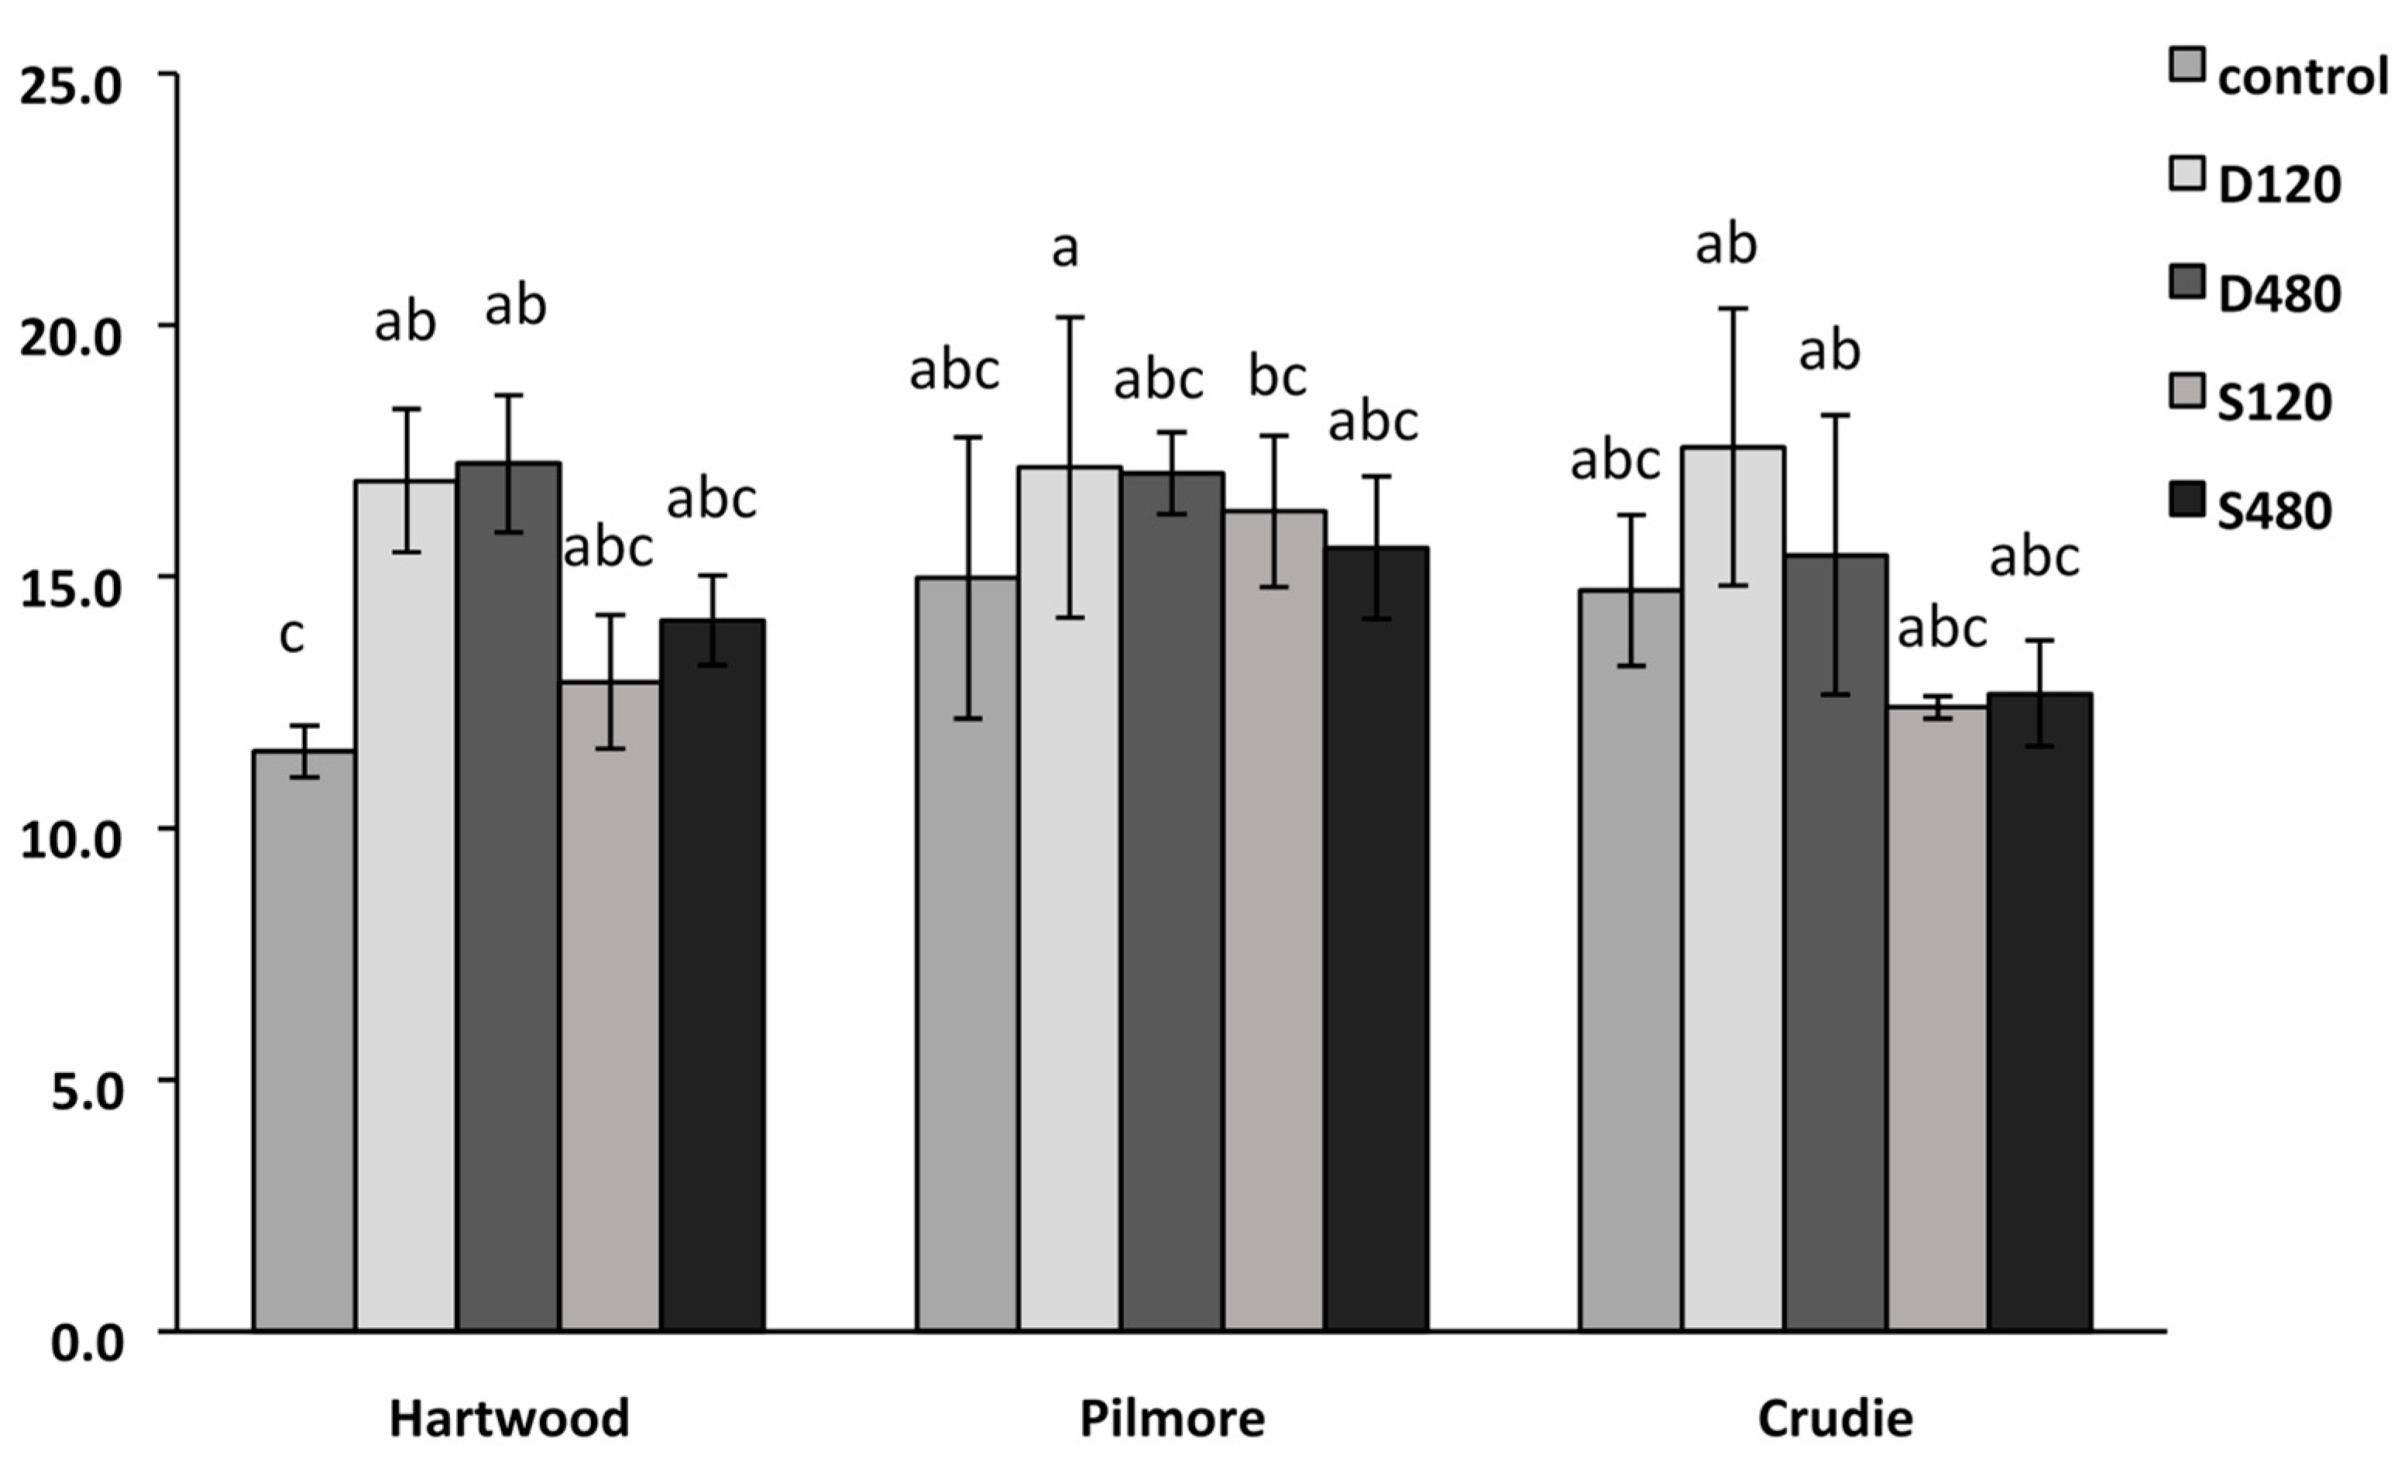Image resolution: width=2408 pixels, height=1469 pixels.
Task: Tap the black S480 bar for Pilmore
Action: [1376, 938]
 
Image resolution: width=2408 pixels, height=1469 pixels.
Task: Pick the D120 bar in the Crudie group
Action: [1733, 889]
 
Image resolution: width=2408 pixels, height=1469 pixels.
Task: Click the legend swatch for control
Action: [2186, 92]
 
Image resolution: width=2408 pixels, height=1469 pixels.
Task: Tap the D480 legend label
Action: [2279, 293]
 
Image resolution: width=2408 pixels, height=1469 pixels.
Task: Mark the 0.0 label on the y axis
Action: [88, 1344]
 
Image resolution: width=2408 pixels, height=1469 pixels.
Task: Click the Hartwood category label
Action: [509, 1418]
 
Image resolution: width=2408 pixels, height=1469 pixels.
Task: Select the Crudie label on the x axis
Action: [1834, 1418]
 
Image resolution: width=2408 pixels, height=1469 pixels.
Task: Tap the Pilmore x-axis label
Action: [1172, 1418]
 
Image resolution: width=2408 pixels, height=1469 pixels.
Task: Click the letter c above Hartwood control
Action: [291, 635]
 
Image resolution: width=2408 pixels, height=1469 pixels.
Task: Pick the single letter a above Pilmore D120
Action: [1064, 249]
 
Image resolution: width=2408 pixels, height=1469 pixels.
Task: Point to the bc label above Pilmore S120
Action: [1277, 377]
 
